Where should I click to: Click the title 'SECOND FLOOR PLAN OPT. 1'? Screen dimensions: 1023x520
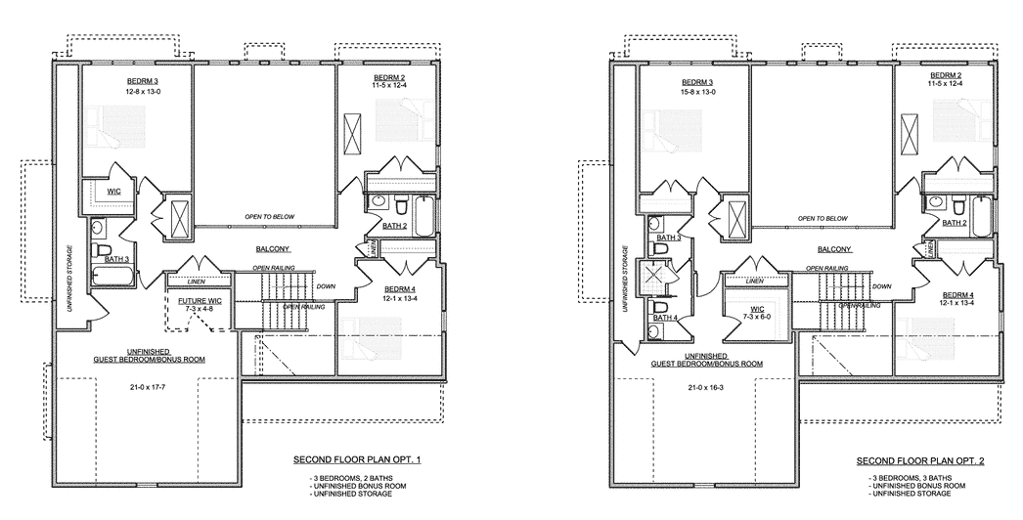[357, 460]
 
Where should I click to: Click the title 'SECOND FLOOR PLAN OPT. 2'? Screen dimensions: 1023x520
[920, 461]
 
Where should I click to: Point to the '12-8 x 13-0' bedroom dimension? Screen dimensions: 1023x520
[142, 92]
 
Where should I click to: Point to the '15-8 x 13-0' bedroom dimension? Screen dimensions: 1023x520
[697, 92]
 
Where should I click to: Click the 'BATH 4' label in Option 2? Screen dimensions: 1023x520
[663, 318]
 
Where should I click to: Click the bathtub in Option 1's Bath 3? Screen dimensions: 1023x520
[112, 278]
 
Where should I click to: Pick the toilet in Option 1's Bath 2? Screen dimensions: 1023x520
[401, 205]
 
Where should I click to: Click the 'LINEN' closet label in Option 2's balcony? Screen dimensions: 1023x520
[755, 282]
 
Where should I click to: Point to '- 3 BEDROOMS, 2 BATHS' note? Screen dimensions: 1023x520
[352, 478]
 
